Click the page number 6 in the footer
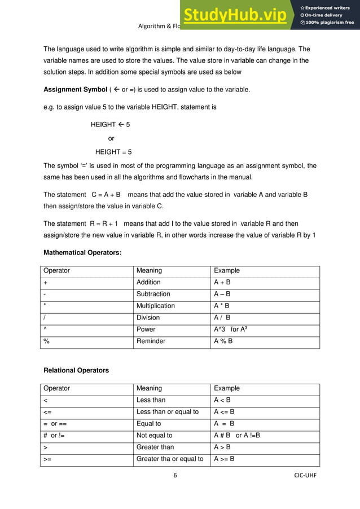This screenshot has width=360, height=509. pyautogui.click(x=175, y=475)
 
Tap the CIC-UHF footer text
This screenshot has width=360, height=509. pyautogui.click(x=305, y=475)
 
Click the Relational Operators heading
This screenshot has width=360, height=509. pyautogui.click(x=76, y=370)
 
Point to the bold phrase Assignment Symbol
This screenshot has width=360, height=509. pyautogui.click(x=75, y=90)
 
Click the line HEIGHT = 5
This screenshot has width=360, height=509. pyautogui.click(x=113, y=152)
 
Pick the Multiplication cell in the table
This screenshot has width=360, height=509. pyautogui.click(x=156, y=306)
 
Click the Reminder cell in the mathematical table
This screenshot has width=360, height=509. pyautogui.click(x=151, y=341)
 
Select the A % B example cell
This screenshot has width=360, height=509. pyautogui.click(x=223, y=341)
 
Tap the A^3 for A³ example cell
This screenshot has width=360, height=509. pyautogui.click(x=231, y=329)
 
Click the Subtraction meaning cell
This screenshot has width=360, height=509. pyautogui.click(x=153, y=294)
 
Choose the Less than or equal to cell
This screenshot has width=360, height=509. pyautogui.click(x=168, y=412)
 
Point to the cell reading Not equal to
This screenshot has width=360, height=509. pyautogui.click(x=154, y=435)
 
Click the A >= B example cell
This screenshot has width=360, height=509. pyautogui.click(x=224, y=459)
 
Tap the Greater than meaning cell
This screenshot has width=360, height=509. pyautogui.click(x=155, y=447)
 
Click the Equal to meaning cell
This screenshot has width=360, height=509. pyautogui.click(x=148, y=424)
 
